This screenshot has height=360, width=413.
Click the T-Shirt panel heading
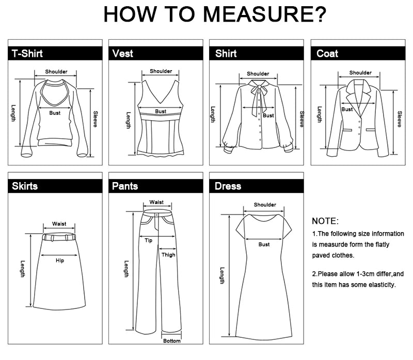coord(27,54)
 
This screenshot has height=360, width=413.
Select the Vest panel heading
coord(123,54)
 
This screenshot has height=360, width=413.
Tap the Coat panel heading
coord(327,54)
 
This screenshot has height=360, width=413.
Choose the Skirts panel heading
coord(25,186)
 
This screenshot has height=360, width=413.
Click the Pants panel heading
coord(125,186)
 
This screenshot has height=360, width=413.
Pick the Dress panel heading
coord(228,186)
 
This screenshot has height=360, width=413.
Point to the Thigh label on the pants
coord(168,255)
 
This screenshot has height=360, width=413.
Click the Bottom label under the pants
coord(172,341)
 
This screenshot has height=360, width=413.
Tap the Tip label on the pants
coord(148,240)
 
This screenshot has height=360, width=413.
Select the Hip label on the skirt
coord(60,260)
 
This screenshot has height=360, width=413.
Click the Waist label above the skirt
coord(59,224)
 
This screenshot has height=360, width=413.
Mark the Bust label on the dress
coord(264,244)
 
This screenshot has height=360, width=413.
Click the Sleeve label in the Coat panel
coord(400,119)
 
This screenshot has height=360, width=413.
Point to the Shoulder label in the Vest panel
coord(161,71)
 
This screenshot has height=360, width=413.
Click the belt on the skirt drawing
coord(59,237)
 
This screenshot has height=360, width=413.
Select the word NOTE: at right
coord(325,221)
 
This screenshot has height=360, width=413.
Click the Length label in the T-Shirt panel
coord(13,113)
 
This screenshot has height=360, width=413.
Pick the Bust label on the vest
coord(161,111)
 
